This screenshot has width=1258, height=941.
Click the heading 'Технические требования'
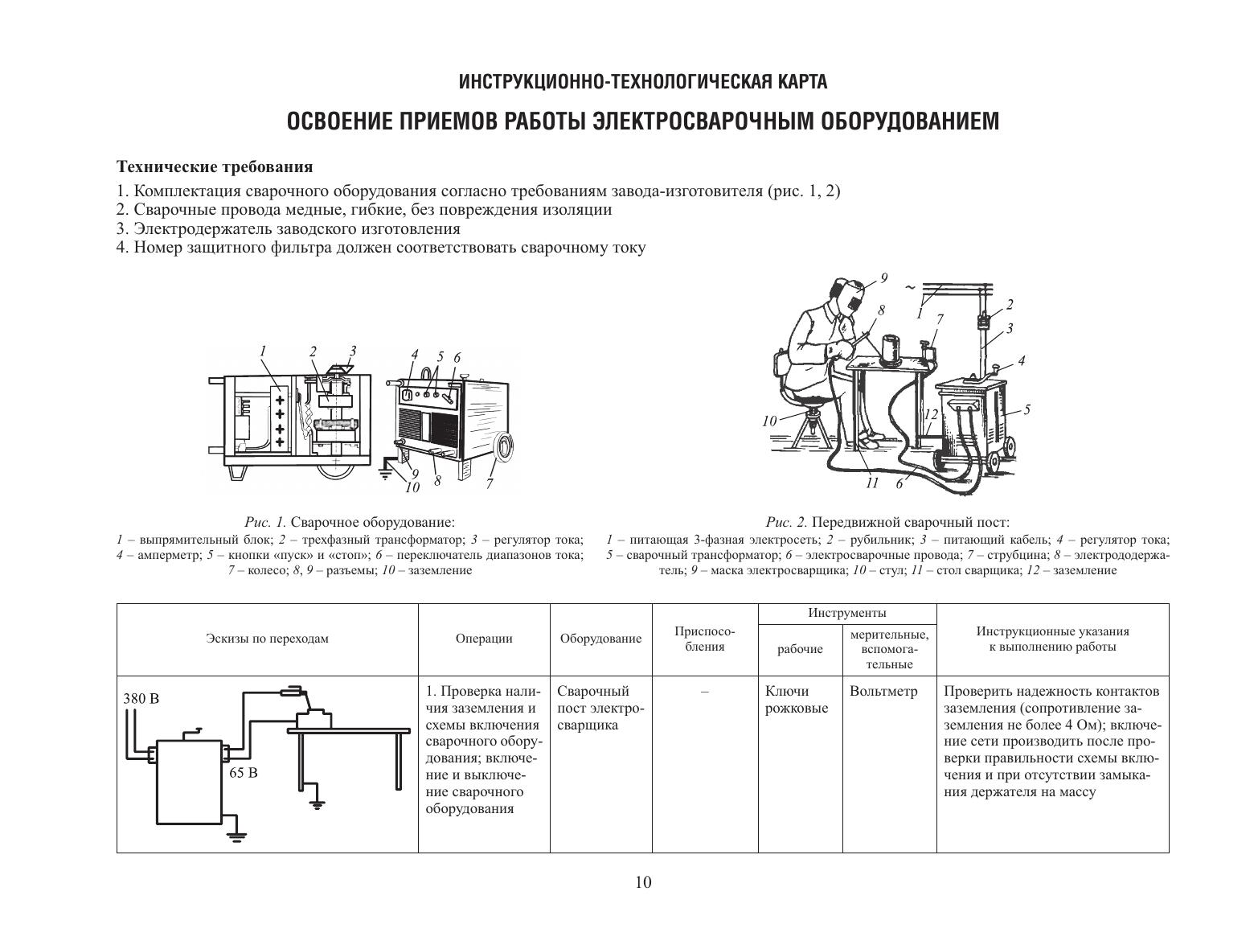(x=215, y=167)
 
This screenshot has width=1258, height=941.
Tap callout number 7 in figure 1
(x=490, y=484)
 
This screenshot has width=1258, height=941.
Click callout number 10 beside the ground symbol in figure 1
(x=412, y=487)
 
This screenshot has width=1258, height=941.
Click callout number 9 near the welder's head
(x=883, y=278)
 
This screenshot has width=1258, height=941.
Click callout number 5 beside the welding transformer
(x=1026, y=409)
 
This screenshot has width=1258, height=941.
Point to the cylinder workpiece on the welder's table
(x=891, y=350)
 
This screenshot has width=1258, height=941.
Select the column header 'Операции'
(x=484, y=639)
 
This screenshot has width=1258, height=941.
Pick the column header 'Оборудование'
(x=600, y=639)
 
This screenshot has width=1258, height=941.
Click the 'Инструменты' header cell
(x=846, y=614)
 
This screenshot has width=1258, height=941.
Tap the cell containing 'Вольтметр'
(x=883, y=692)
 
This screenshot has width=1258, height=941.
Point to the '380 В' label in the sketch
(x=141, y=698)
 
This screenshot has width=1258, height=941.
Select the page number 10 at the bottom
(x=643, y=882)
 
